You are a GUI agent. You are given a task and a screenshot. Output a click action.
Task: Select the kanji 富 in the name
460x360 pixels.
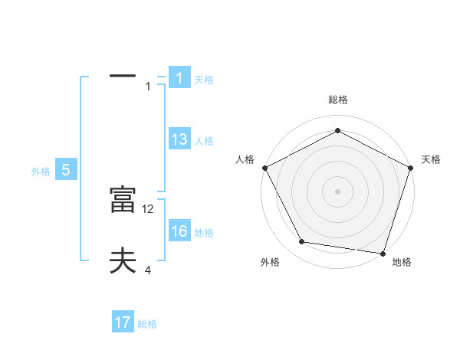123,200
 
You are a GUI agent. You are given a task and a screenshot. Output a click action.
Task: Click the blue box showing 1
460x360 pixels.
179,77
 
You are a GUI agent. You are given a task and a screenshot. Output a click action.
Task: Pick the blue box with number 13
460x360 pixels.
179,139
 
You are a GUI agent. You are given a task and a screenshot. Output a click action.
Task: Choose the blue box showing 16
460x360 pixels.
179,231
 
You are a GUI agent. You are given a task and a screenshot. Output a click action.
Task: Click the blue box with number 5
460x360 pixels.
66,170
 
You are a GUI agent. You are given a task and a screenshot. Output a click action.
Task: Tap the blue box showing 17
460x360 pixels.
123,322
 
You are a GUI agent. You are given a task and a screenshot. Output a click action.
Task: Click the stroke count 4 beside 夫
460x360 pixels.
148,270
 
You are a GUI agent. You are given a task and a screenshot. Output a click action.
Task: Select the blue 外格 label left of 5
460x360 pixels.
41,172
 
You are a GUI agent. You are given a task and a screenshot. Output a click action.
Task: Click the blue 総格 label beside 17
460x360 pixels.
147,324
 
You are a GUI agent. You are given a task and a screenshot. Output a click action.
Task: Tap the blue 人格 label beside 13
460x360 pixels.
204,141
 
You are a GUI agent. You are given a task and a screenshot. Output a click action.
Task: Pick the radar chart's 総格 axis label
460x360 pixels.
338,100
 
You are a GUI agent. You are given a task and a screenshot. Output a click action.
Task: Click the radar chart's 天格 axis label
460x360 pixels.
432,159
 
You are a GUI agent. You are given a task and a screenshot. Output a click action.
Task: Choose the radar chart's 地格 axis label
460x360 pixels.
402,262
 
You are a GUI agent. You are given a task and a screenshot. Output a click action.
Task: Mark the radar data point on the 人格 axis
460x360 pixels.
264,168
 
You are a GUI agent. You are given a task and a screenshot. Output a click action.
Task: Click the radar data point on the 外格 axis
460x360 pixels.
302,242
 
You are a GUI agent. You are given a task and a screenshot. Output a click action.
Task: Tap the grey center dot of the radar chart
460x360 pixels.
337,191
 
